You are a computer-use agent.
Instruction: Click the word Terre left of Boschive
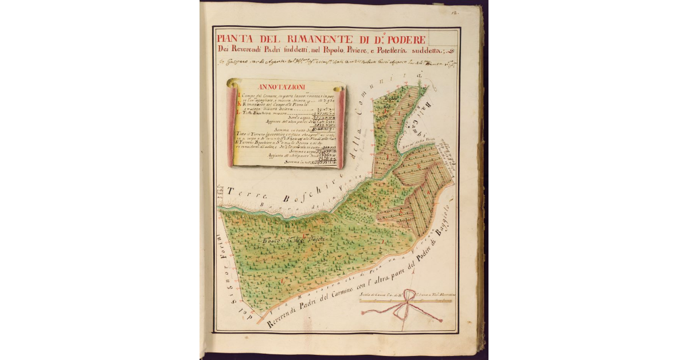(x=240, y=194)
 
